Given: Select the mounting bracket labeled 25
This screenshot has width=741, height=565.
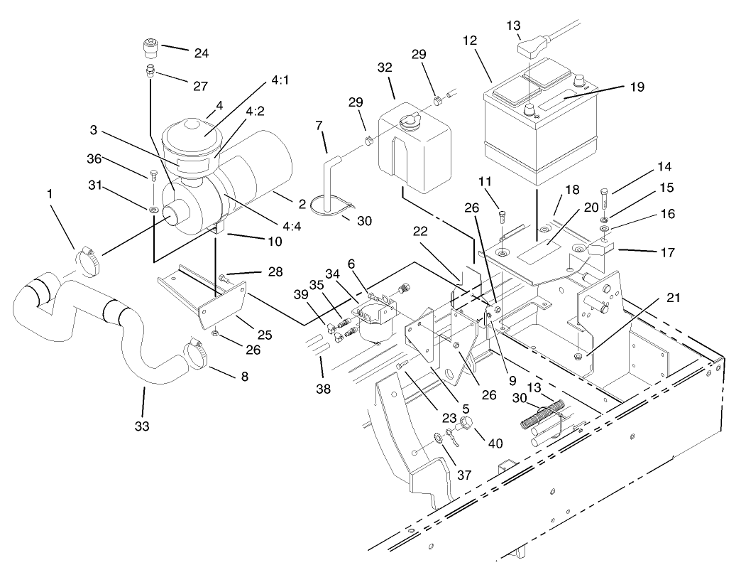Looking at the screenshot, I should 213,299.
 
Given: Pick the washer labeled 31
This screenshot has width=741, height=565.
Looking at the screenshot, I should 153,210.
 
